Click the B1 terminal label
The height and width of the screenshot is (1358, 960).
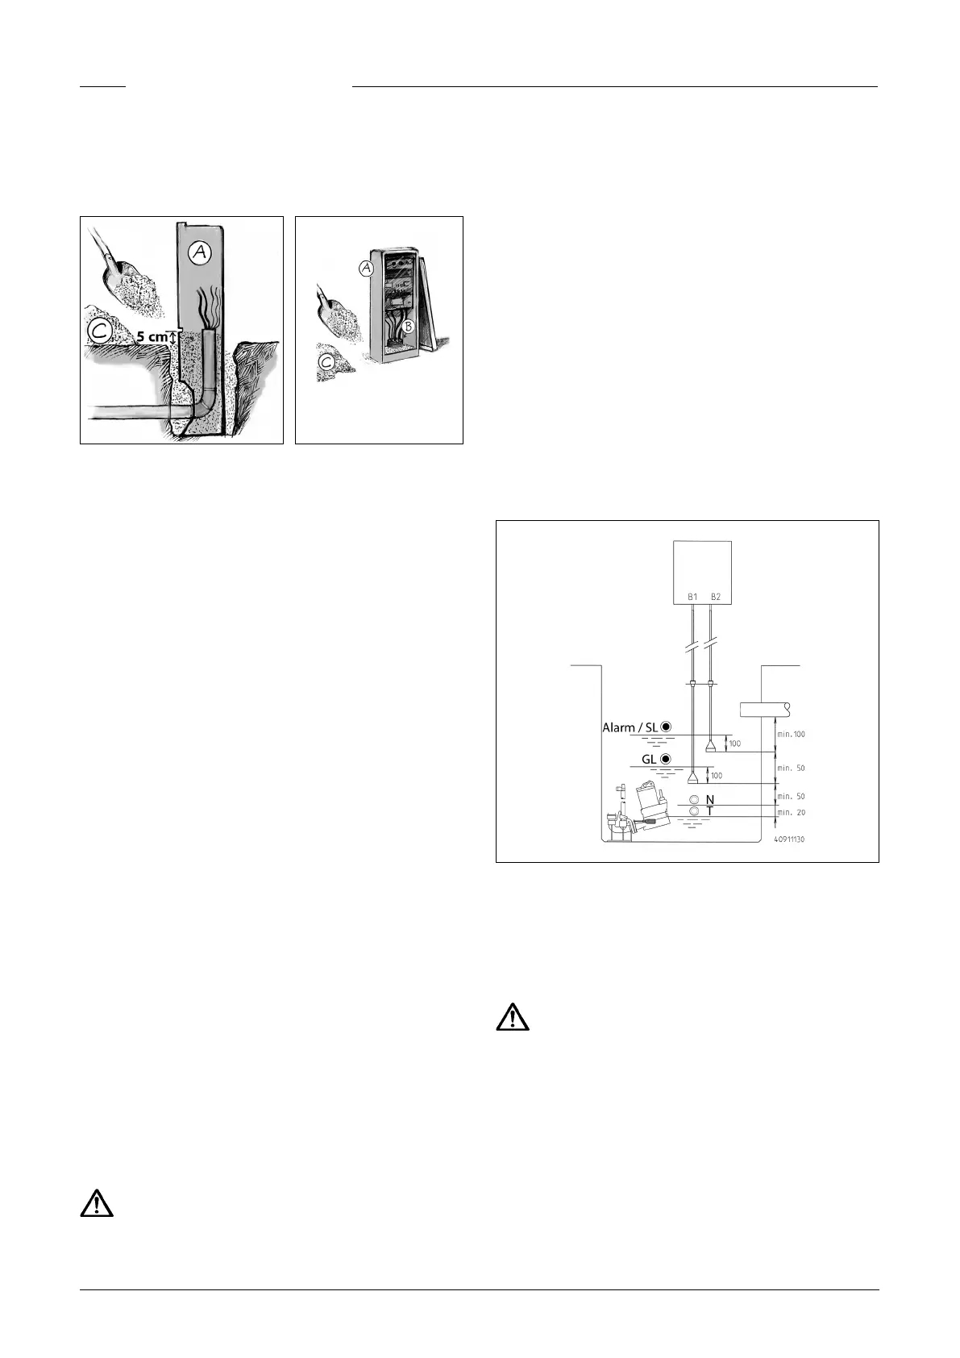tap(692, 598)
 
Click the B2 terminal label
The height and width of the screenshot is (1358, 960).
tap(715, 598)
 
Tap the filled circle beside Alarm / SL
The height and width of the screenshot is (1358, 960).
tap(667, 727)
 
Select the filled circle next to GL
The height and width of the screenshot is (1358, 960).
tap(667, 759)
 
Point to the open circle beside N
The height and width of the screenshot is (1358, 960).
tap(694, 800)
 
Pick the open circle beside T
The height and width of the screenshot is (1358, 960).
tap(694, 811)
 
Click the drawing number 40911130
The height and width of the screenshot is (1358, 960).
tap(789, 839)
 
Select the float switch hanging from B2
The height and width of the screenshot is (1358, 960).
tap(711, 745)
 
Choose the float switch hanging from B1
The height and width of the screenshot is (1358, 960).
tap(692, 778)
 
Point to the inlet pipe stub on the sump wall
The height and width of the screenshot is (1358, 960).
tap(764, 710)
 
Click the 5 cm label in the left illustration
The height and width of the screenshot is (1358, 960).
tap(152, 337)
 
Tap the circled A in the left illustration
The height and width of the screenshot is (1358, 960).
tap(199, 253)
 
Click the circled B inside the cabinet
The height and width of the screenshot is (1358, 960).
tap(409, 327)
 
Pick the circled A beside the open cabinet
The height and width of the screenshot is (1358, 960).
tap(367, 269)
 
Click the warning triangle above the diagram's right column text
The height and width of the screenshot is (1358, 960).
tap(512, 1018)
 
